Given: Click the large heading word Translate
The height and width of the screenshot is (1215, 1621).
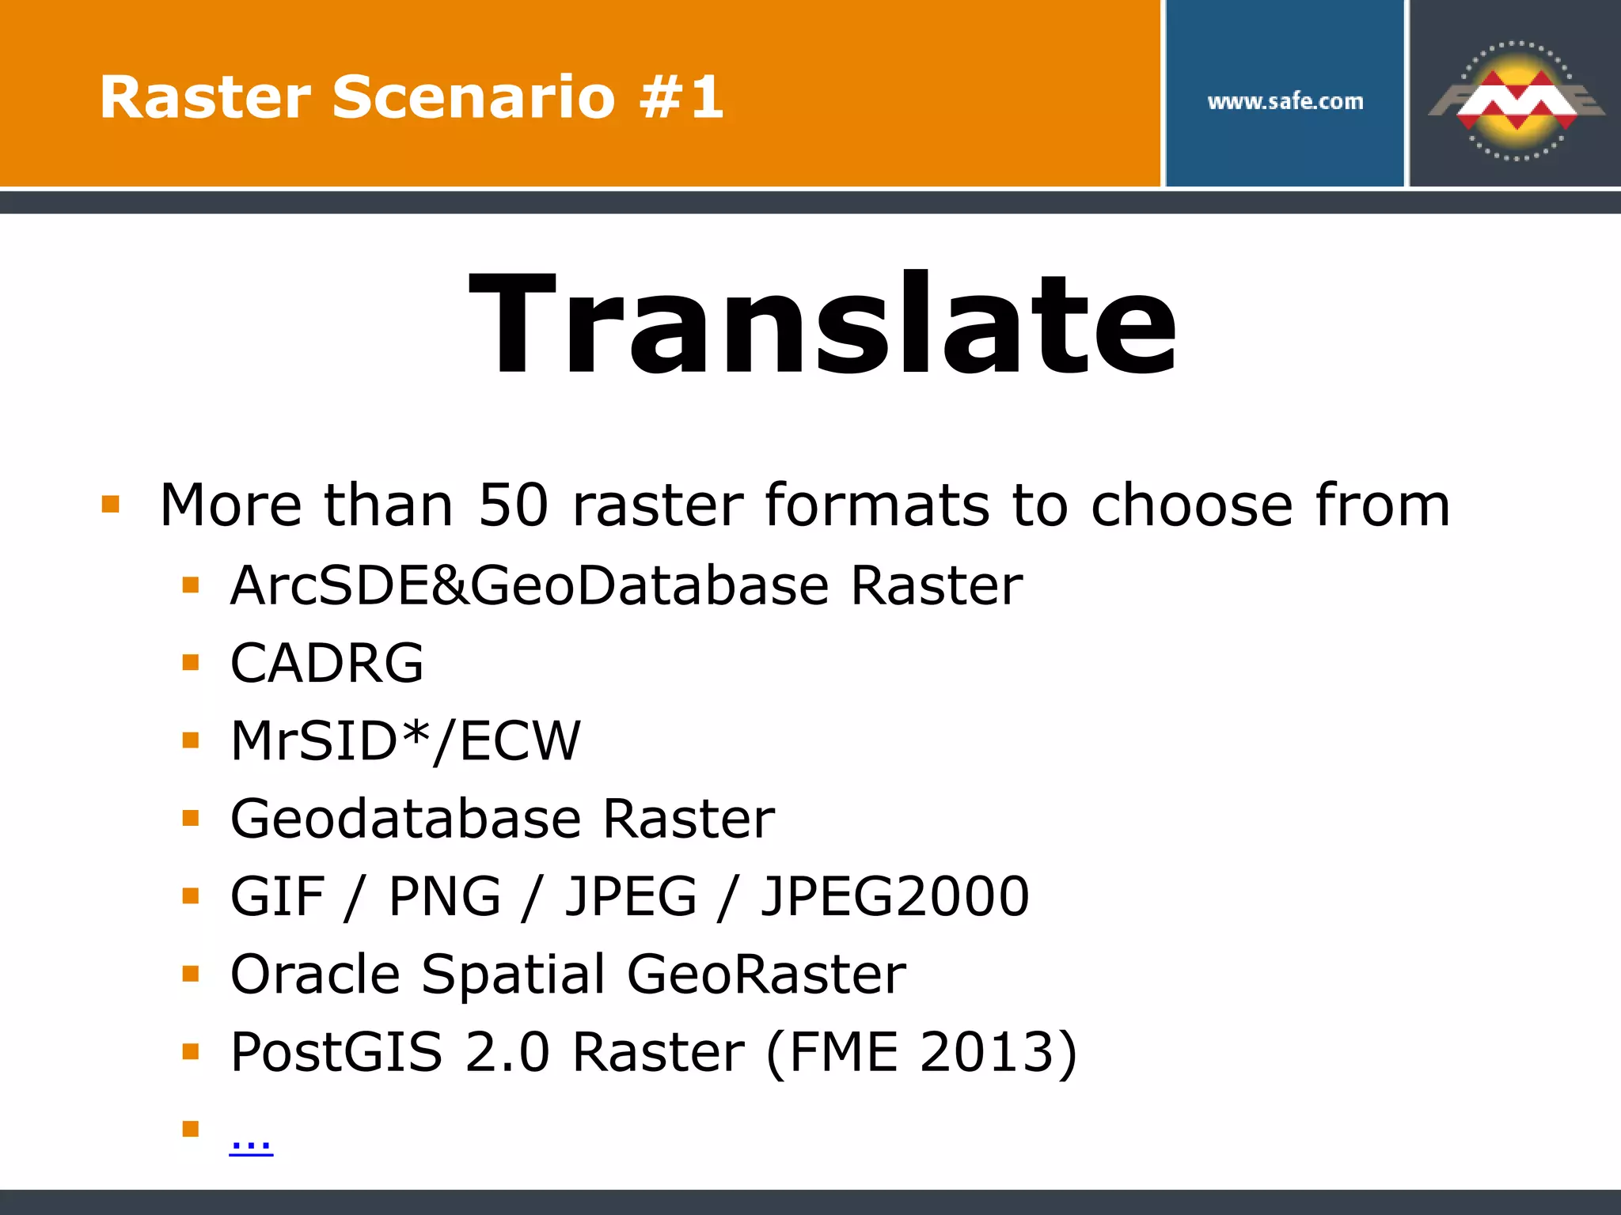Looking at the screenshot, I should click(x=823, y=324).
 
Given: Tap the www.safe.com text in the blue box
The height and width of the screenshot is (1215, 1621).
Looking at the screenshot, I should click(x=1285, y=101).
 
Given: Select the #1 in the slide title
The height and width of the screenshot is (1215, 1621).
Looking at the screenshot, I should click(x=681, y=97).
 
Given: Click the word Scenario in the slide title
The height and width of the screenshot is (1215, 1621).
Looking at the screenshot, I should click(x=473, y=97).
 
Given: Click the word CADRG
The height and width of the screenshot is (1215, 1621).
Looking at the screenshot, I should click(x=327, y=663).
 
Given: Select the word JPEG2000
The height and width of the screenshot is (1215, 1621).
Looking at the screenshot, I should click(x=894, y=896).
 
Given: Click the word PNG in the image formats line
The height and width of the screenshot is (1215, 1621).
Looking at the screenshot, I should click(x=445, y=896).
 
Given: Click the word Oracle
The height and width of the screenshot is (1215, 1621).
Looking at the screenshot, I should click(x=315, y=974).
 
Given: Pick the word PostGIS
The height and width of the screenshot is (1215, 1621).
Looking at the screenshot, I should click(x=336, y=1052).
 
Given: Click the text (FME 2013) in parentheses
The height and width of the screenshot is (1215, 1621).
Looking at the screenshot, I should click(x=921, y=1052).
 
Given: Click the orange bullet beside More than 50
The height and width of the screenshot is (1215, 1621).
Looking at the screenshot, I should click(x=111, y=504).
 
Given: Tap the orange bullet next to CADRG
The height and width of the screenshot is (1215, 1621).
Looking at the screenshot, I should click(x=190, y=662).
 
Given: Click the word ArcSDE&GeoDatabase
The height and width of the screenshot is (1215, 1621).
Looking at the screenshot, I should click(x=530, y=586).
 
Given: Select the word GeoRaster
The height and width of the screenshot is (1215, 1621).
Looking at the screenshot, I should click(x=766, y=974).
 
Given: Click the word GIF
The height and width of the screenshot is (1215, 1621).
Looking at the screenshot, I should click(x=277, y=896).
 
